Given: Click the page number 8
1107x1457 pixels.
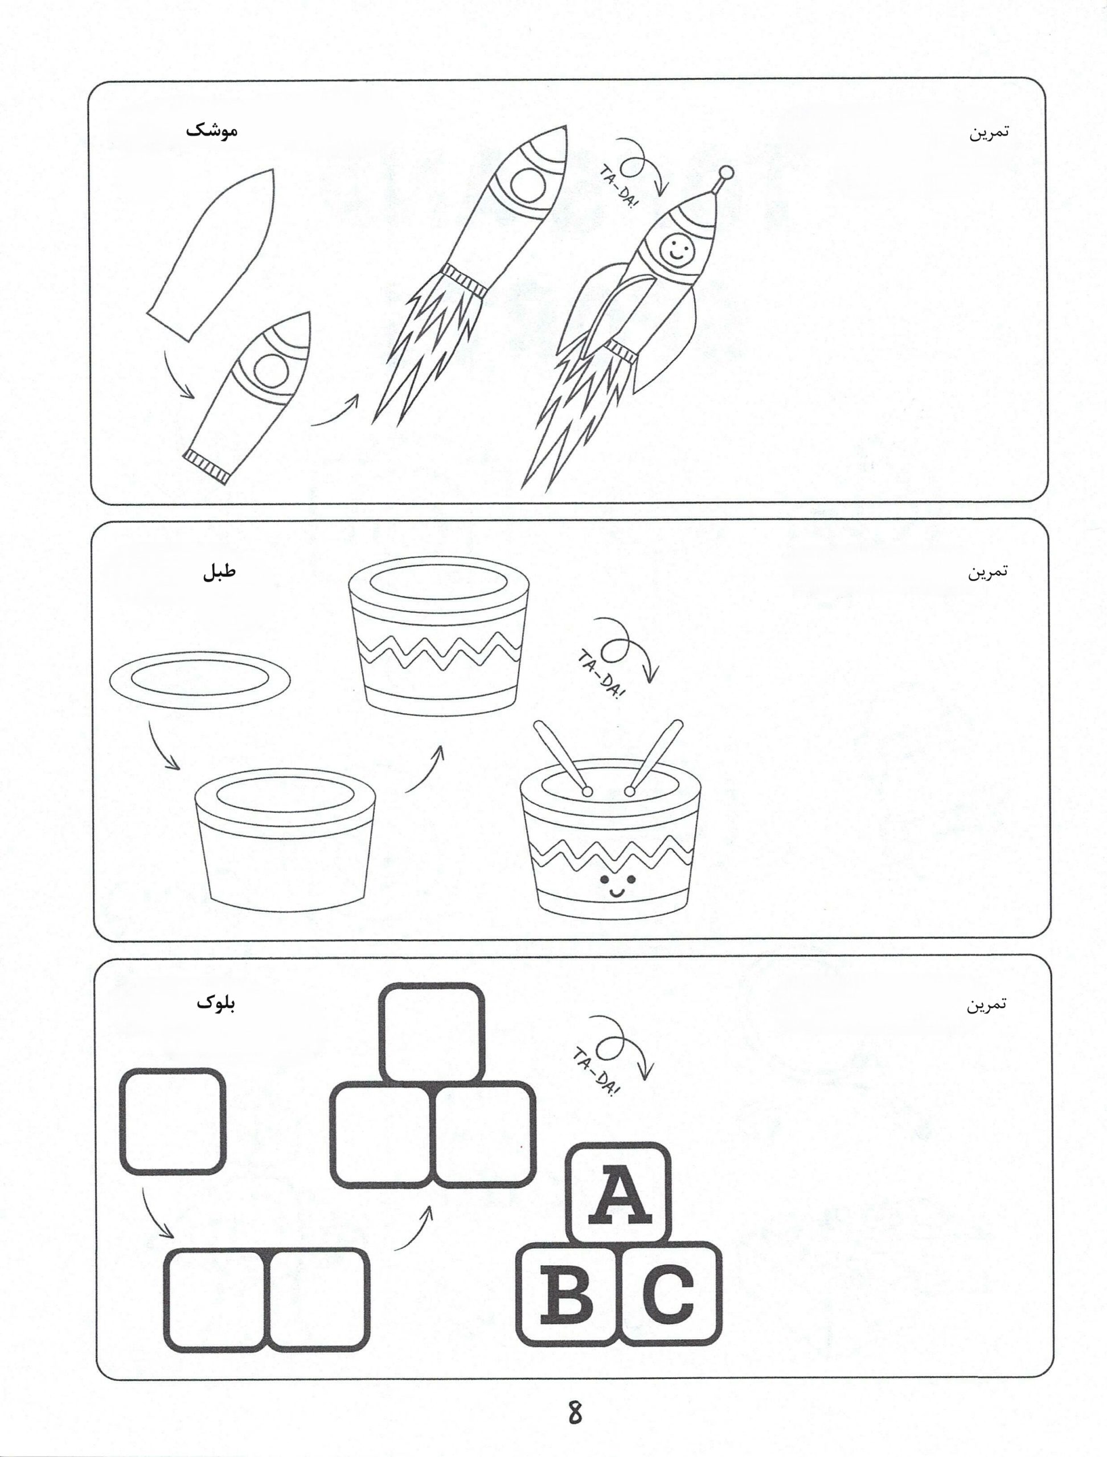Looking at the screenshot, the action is click(575, 1411).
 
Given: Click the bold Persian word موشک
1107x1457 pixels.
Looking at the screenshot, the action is click(211, 130).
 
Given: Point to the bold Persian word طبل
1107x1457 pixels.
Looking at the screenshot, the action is click(219, 570).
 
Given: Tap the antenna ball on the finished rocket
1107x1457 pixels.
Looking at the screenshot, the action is click(725, 172).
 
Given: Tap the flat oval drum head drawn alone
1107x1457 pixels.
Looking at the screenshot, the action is click(200, 679).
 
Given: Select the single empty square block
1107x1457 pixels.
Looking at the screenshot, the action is click(173, 1121).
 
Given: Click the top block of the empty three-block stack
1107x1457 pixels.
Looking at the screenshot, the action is click(432, 1034).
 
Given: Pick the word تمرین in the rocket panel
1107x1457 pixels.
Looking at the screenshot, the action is click(989, 131).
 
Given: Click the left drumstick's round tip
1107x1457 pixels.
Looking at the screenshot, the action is click(587, 791).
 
